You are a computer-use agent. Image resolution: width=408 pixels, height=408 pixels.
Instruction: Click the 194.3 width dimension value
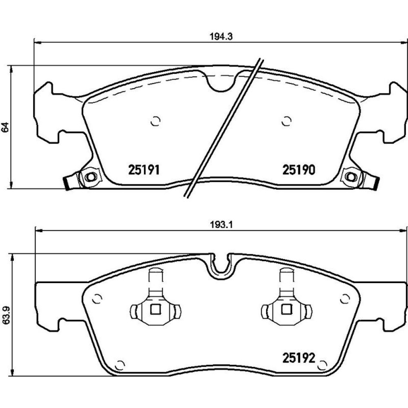(221, 37)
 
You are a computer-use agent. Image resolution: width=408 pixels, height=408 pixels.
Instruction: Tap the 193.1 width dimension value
(221, 225)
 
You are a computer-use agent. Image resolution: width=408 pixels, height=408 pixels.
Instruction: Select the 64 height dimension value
(6, 127)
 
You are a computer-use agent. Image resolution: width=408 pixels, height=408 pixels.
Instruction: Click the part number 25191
(144, 170)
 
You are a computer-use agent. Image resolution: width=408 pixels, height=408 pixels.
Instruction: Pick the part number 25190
(299, 170)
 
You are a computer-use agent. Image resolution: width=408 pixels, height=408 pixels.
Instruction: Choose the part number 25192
(299, 358)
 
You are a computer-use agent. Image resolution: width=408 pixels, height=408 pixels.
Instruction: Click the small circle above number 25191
(155, 121)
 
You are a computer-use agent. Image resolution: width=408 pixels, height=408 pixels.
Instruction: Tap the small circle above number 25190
(286, 121)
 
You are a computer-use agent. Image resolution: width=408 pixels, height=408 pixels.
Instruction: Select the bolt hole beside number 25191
(91, 177)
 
